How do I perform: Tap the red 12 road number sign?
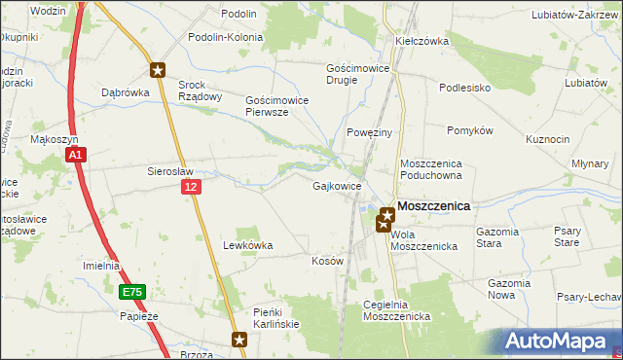(x=191, y=186)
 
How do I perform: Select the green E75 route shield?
(x=133, y=291)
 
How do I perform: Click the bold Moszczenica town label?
(x=434, y=206)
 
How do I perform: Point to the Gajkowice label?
(x=338, y=186)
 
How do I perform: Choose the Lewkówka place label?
(x=247, y=246)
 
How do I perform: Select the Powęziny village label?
(x=369, y=132)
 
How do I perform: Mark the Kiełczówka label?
(x=421, y=42)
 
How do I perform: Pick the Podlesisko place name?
(x=464, y=87)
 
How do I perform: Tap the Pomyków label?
(x=471, y=130)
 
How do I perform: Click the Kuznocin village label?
(x=547, y=139)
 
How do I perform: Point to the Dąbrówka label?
(x=124, y=93)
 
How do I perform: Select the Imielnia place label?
(x=101, y=266)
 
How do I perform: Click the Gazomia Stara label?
(x=502, y=237)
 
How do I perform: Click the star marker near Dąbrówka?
(x=158, y=70)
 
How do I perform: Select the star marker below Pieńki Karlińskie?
(x=240, y=340)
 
